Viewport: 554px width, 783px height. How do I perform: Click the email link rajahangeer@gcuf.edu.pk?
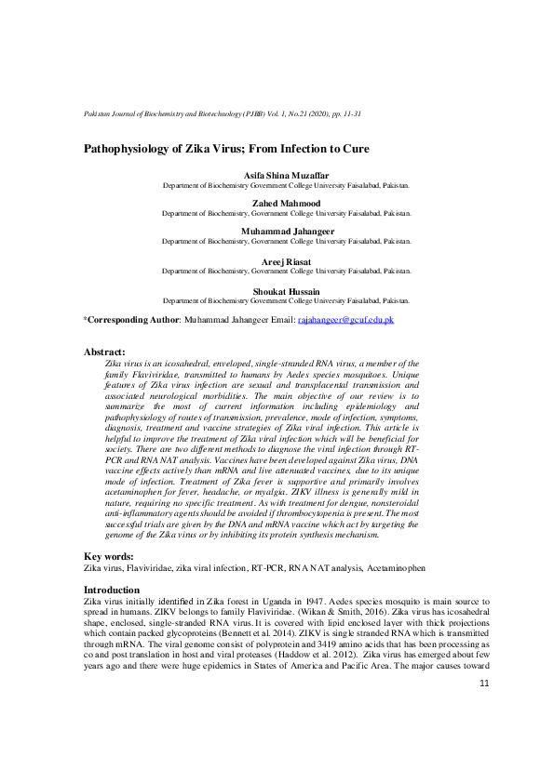pyautogui.click(x=345, y=320)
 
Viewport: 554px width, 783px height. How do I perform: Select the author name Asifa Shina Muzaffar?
pyautogui.click(x=286, y=177)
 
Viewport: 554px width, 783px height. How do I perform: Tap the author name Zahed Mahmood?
pyautogui.click(x=286, y=204)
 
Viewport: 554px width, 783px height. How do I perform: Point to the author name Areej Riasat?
pyautogui.click(x=286, y=264)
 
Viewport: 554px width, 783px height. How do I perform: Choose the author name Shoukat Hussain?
pyautogui.click(x=286, y=292)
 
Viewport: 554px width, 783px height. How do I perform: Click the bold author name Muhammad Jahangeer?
pyautogui.click(x=286, y=232)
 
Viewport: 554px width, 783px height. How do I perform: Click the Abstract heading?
pyautogui.click(x=104, y=352)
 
